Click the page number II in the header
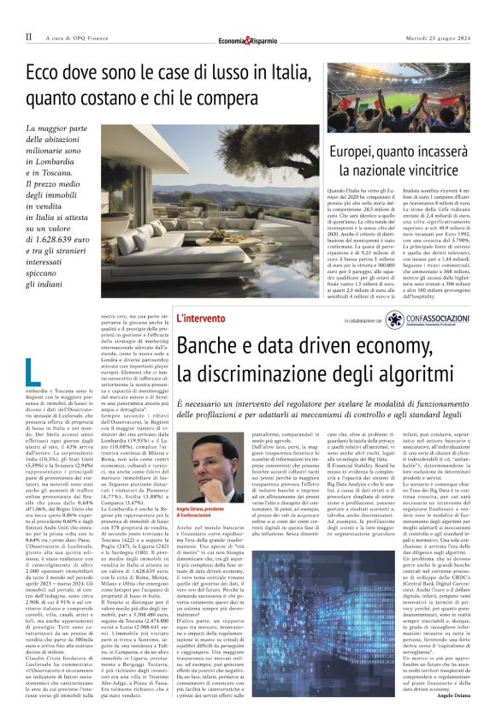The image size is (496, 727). tap(28, 37)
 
